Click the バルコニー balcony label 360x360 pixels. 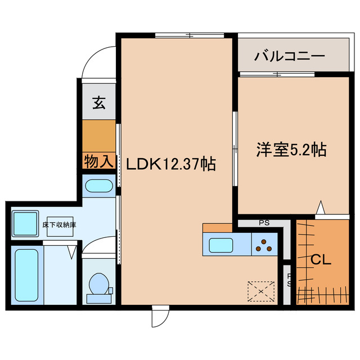tap(289, 56)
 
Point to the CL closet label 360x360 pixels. tap(321, 260)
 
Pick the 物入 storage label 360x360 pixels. tap(99, 161)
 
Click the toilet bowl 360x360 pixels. tap(99, 285)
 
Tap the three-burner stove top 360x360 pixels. tap(264, 245)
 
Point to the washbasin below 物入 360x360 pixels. tap(99, 186)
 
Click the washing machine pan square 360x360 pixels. tap(24, 223)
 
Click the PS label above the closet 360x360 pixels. tap(264, 223)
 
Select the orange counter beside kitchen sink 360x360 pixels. tap(217, 227)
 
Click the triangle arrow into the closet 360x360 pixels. tap(321, 209)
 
